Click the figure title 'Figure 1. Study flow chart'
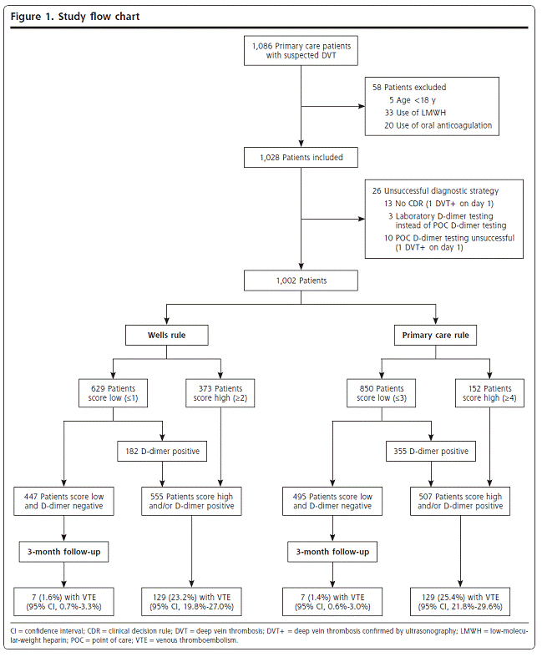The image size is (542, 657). (x=75, y=17)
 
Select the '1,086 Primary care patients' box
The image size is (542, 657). (x=301, y=51)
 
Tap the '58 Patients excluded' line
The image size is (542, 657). (x=409, y=88)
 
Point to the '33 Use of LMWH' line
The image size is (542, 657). (x=415, y=113)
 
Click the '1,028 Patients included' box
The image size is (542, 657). (x=301, y=158)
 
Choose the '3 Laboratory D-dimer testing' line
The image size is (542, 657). (x=441, y=216)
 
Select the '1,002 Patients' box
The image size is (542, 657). (x=301, y=280)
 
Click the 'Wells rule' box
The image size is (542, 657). (x=167, y=336)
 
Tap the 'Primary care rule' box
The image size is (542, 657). (x=436, y=336)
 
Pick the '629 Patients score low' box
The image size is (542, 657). (x=114, y=393)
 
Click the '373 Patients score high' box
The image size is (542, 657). (x=220, y=393)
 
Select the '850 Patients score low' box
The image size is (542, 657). (x=382, y=393)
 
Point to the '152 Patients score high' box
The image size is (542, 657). (x=489, y=393)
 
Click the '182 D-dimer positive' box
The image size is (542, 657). (x=162, y=452)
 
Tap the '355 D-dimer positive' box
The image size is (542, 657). (x=431, y=452)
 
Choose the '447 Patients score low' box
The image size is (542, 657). (x=63, y=501)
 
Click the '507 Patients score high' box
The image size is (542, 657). (x=460, y=501)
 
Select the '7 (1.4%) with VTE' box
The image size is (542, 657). (x=332, y=602)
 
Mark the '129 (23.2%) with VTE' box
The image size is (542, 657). (x=191, y=602)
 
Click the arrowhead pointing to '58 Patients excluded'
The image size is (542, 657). (x=362, y=106)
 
